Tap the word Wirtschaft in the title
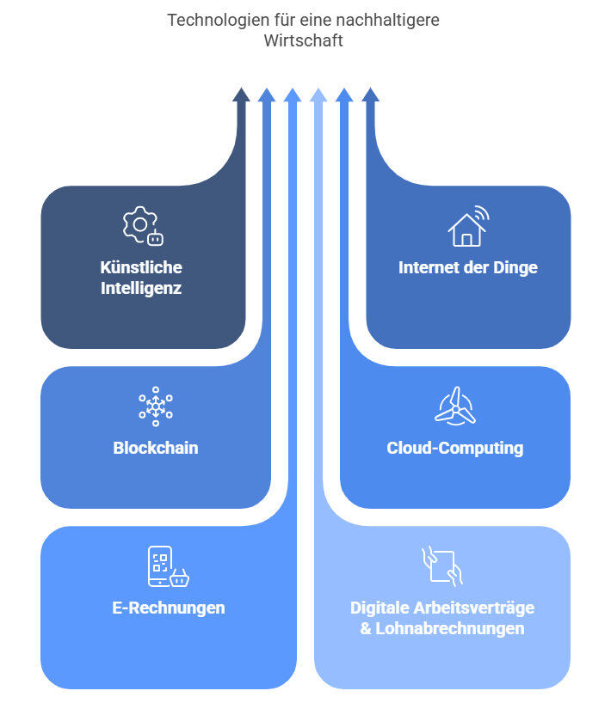tap(304, 40)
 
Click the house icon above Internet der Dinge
tap(467, 226)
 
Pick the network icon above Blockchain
tap(156, 407)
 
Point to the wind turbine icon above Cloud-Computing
tap(454, 406)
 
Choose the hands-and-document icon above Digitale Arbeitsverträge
tap(442, 566)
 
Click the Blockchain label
tap(156, 448)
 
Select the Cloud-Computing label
tap(454, 448)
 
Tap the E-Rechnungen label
tap(169, 608)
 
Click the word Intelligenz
tap(141, 289)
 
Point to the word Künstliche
tap(141, 267)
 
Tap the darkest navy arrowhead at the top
tap(241, 95)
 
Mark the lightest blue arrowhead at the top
tap(318, 95)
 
